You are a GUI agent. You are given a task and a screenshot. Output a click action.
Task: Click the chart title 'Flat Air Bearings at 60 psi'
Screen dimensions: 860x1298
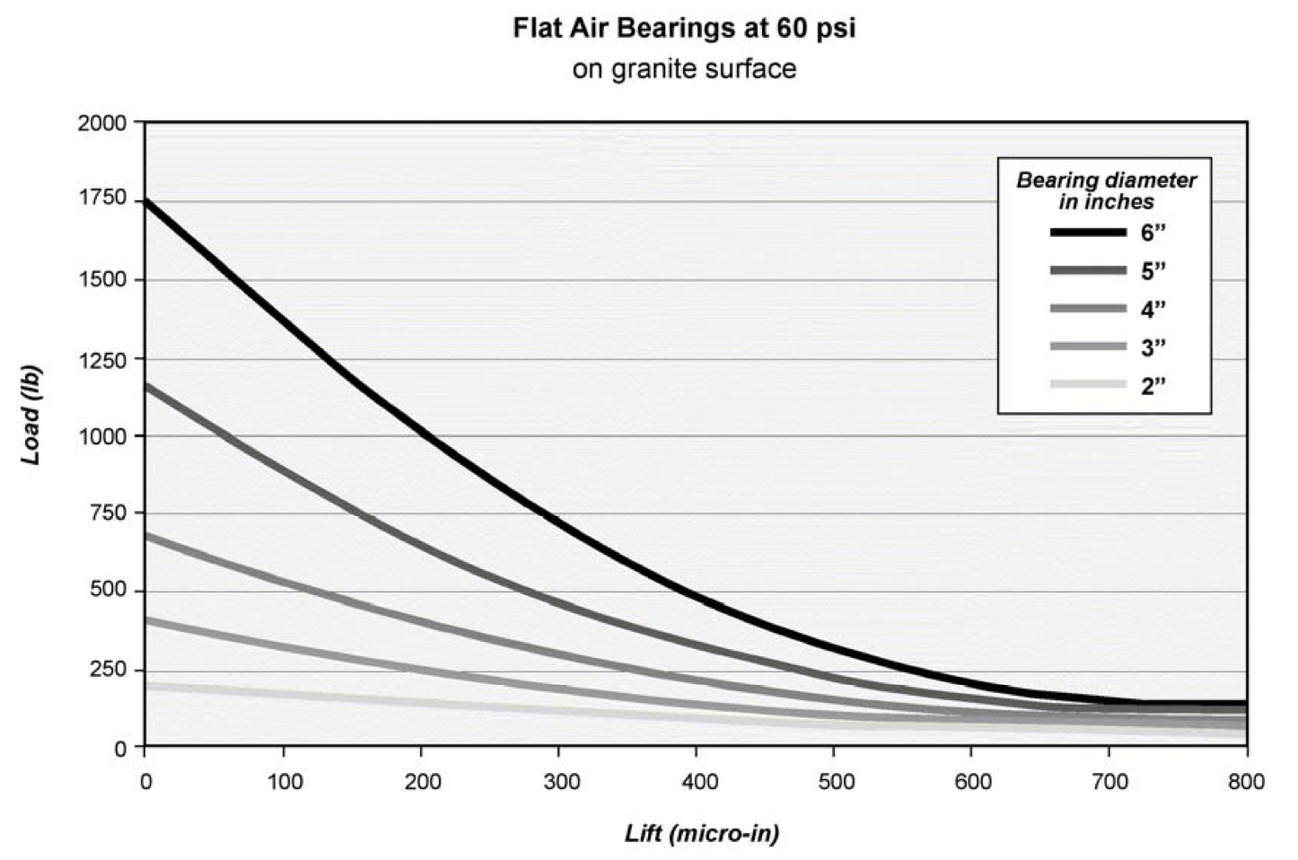684,28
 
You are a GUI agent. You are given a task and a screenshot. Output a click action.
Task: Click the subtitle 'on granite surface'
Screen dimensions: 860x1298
684,69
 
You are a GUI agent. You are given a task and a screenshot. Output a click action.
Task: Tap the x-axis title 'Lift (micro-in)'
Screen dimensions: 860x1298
701,833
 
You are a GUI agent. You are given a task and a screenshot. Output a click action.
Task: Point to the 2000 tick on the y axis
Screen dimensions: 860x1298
103,123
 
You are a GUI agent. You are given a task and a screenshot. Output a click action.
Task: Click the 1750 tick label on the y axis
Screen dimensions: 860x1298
103,201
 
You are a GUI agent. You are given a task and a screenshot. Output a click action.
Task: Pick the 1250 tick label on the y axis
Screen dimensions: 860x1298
103,358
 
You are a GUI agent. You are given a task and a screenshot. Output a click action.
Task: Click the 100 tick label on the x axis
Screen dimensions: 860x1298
284,782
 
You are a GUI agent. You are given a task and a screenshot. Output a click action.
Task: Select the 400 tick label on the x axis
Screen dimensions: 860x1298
699,782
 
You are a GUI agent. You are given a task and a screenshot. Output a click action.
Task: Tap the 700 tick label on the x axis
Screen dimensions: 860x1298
1109,782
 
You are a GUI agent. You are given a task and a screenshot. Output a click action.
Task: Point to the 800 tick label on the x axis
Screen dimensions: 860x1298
1246,782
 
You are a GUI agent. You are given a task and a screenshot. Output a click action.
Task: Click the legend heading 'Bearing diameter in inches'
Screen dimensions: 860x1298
1105,190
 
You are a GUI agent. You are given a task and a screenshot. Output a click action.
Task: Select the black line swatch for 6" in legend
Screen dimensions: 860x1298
1088,233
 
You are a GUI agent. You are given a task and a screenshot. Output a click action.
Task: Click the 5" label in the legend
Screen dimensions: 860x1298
1153,271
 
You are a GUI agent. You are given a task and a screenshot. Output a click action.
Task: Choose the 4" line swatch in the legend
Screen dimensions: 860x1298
1088,309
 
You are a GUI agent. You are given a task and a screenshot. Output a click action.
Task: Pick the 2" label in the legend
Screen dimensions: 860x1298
1153,387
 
